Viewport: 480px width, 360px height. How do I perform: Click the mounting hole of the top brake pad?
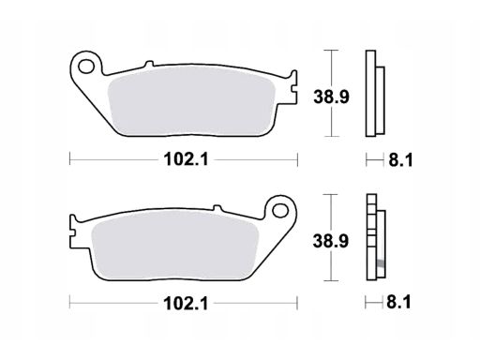[86, 67]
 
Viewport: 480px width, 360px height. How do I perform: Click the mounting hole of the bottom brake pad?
[280, 211]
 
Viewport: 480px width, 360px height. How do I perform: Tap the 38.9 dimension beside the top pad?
[331, 97]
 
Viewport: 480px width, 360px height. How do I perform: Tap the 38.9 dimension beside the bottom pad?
[331, 241]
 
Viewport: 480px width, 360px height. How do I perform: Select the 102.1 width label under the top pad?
[186, 159]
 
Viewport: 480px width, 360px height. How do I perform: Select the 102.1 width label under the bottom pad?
[186, 303]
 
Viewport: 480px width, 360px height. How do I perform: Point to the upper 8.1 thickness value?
[400, 160]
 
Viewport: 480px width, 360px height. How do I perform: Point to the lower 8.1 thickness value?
[398, 302]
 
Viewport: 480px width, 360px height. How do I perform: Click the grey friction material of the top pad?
[191, 101]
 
